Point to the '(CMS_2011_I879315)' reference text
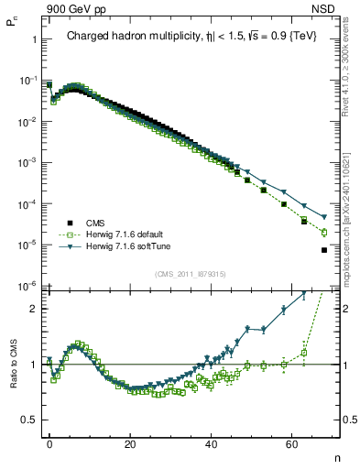pyautogui.click(x=191, y=274)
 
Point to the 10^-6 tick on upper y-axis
pyautogui.click(x=27, y=287)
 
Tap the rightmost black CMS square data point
pyautogui.click(x=324, y=250)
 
